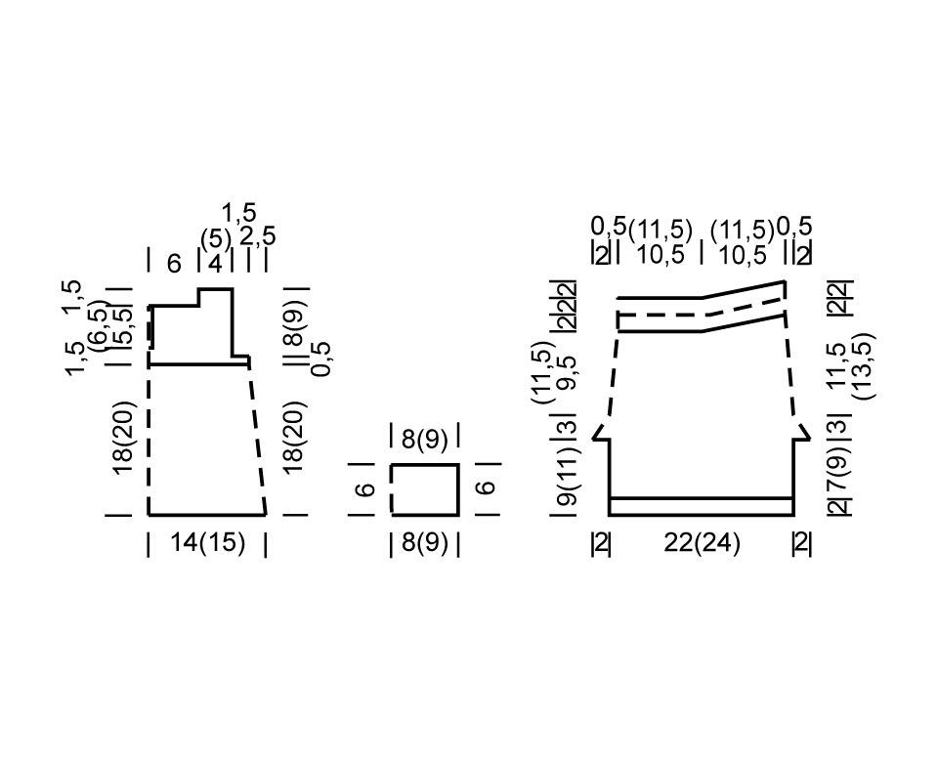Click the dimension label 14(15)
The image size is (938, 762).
(x=207, y=543)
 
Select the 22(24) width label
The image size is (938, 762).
(x=702, y=544)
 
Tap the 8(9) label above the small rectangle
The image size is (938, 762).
(x=425, y=440)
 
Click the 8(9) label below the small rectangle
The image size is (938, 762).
(x=425, y=543)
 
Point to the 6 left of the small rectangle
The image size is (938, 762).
(x=365, y=489)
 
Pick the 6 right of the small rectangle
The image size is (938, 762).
(x=488, y=487)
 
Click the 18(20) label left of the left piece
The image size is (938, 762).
(x=126, y=438)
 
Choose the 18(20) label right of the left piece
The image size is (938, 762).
(x=295, y=438)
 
